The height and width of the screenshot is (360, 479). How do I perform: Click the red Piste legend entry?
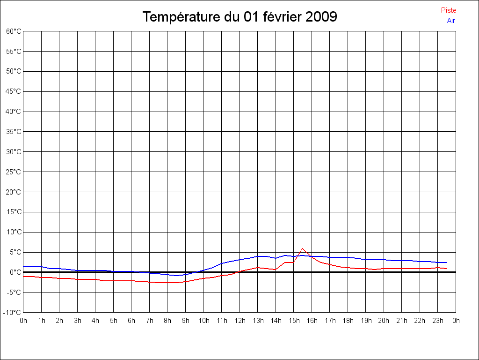[x=448, y=10]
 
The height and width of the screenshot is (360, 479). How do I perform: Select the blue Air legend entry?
[x=451, y=21]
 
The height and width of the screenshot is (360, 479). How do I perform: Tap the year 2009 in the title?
[x=321, y=17]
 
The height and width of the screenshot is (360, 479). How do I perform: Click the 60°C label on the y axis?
[x=14, y=31]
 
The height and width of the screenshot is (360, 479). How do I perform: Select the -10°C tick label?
[x=13, y=313]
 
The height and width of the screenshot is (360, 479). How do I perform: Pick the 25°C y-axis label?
[x=14, y=172]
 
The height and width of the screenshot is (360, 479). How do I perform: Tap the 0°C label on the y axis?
[x=15, y=272]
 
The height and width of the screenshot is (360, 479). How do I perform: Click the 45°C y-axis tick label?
[x=14, y=91]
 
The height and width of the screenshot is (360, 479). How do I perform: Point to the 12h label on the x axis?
[x=239, y=321]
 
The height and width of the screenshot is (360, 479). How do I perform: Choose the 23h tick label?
[x=438, y=321]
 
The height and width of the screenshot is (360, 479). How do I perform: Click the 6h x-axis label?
[x=131, y=321]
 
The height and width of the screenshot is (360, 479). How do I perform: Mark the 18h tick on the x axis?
[x=348, y=321]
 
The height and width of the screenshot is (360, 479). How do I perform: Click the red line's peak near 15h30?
[x=303, y=248]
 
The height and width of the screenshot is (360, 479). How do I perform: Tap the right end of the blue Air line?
[x=447, y=262]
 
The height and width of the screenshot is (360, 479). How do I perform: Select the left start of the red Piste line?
[x=24, y=277]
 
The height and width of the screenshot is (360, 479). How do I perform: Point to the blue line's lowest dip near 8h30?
[x=176, y=276]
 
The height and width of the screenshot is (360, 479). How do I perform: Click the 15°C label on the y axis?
[x=14, y=212]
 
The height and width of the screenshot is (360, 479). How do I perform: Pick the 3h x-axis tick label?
[x=78, y=321]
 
